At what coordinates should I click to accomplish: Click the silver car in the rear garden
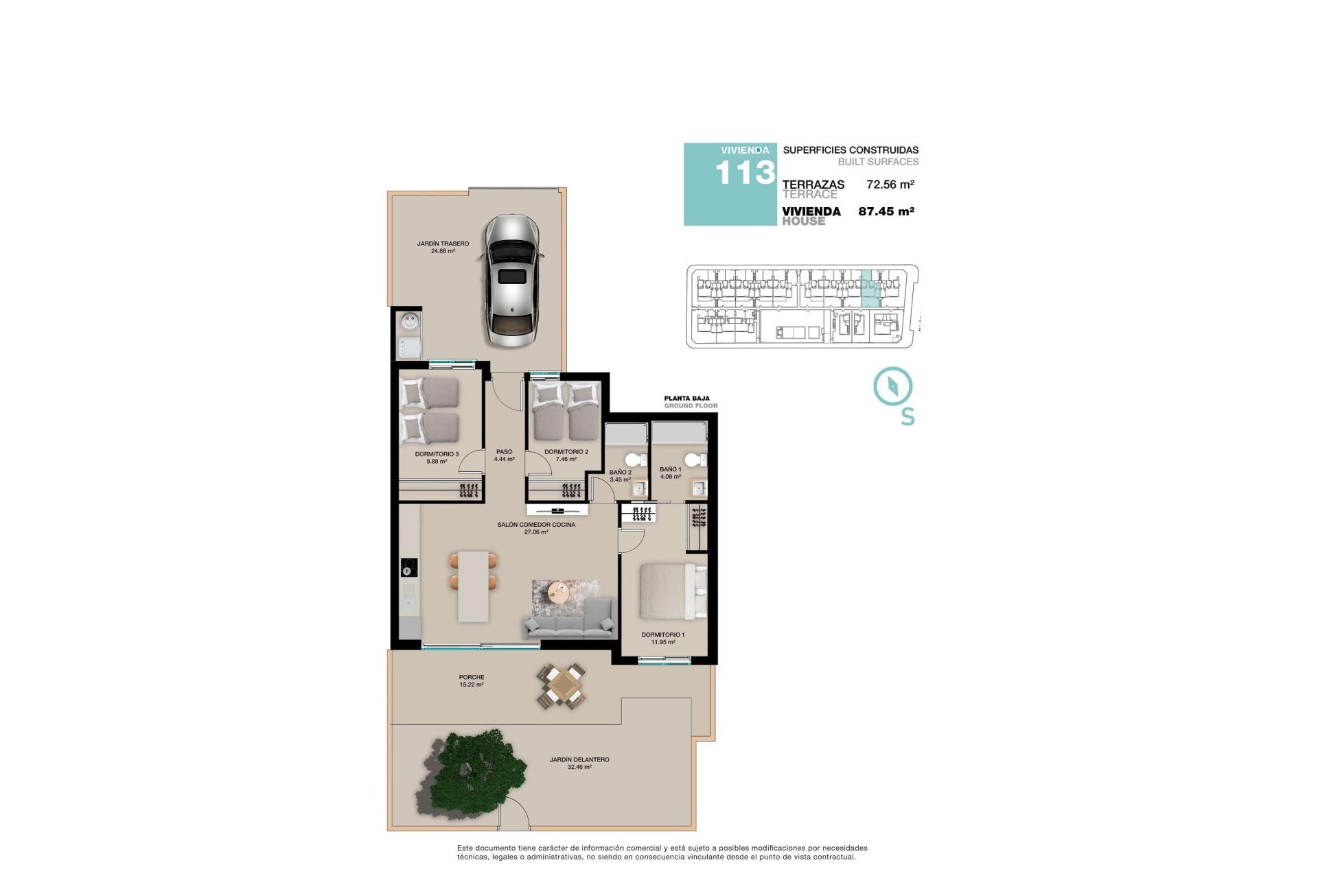(x=511, y=281)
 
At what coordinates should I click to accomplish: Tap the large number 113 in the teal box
(x=745, y=173)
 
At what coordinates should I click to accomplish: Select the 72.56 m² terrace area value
(x=890, y=185)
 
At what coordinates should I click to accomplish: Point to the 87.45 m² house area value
(x=886, y=211)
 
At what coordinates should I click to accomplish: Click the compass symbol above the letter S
(x=892, y=385)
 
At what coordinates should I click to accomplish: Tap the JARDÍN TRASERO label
(x=443, y=244)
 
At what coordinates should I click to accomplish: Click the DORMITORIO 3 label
(x=437, y=454)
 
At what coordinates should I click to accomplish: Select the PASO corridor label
(x=504, y=452)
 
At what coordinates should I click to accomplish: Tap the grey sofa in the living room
(x=568, y=619)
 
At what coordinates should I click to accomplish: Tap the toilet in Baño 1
(x=695, y=460)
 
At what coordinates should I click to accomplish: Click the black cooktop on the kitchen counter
(x=409, y=568)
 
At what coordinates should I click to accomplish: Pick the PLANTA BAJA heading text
(x=686, y=399)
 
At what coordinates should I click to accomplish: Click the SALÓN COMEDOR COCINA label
(x=536, y=525)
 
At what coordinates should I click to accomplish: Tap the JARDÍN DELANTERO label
(x=579, y=760)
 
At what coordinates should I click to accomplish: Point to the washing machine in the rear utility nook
(x=409, y=321)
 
